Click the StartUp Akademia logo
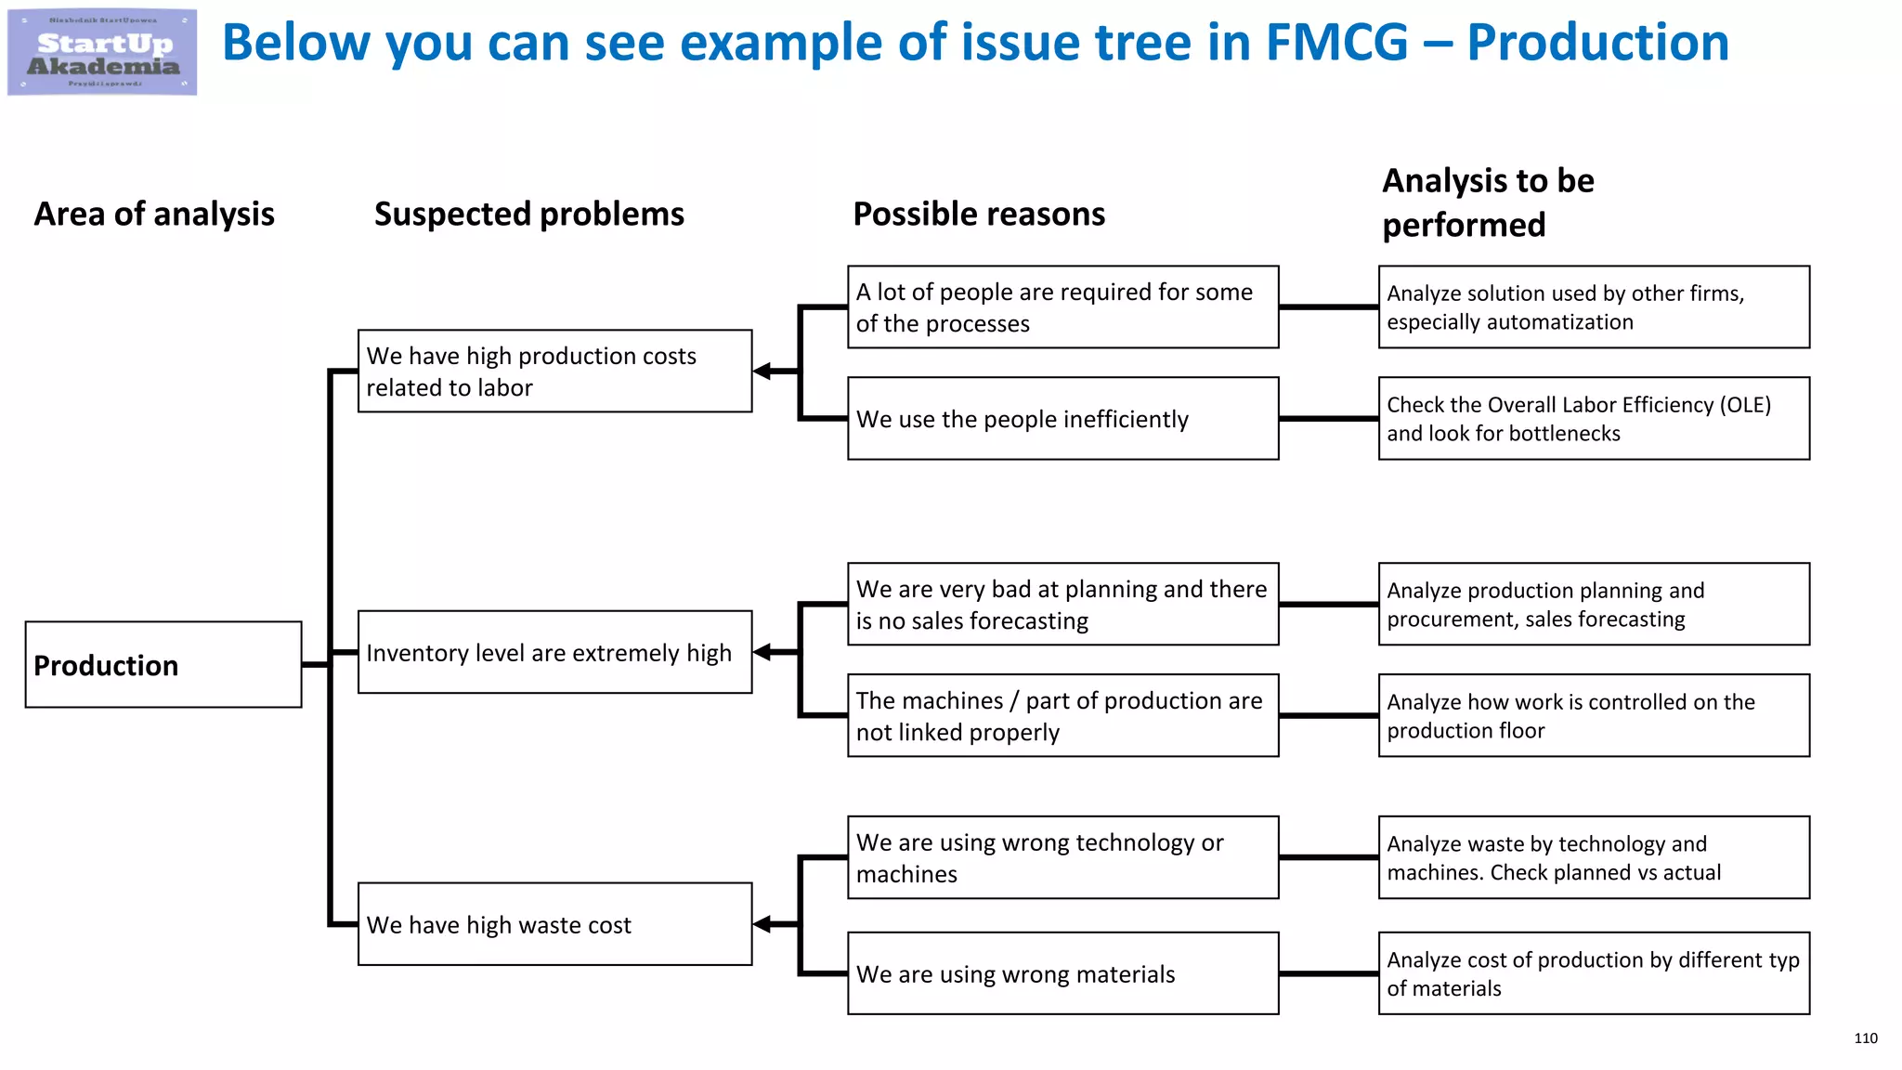pyautogui.click(x=102, y=52)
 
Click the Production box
pyautogui.click(x=163, y=665)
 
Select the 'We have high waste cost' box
pyautogui.click(x=554, y=924)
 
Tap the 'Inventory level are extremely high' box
pyautogui.click(x=554, y=652)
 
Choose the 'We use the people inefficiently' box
pyautogui.click(x=1062, y=419)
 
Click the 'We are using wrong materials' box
pyautogui.click(x=1062, y=973)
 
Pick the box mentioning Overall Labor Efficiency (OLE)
pyautogui.click(x=1594, y=419)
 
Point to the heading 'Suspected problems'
pyautogui.click(x=528, y=215)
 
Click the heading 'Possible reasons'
pyautogui.click(x=979, y=215)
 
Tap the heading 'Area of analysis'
pyautogui.click(x=154, y=215)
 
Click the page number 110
pyautogui.click(x=1865, y=1038)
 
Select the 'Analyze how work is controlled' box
pyautogui.click(x=1594, y=715)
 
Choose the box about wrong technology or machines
pyautogui.click(x=1062, y=857)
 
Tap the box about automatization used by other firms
pyautogui.click(x=1594, y=307)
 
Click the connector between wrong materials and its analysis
pyautogui.click(x=1328, y=973)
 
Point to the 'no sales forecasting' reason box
pyautogui.click(x=1062, y=604)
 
